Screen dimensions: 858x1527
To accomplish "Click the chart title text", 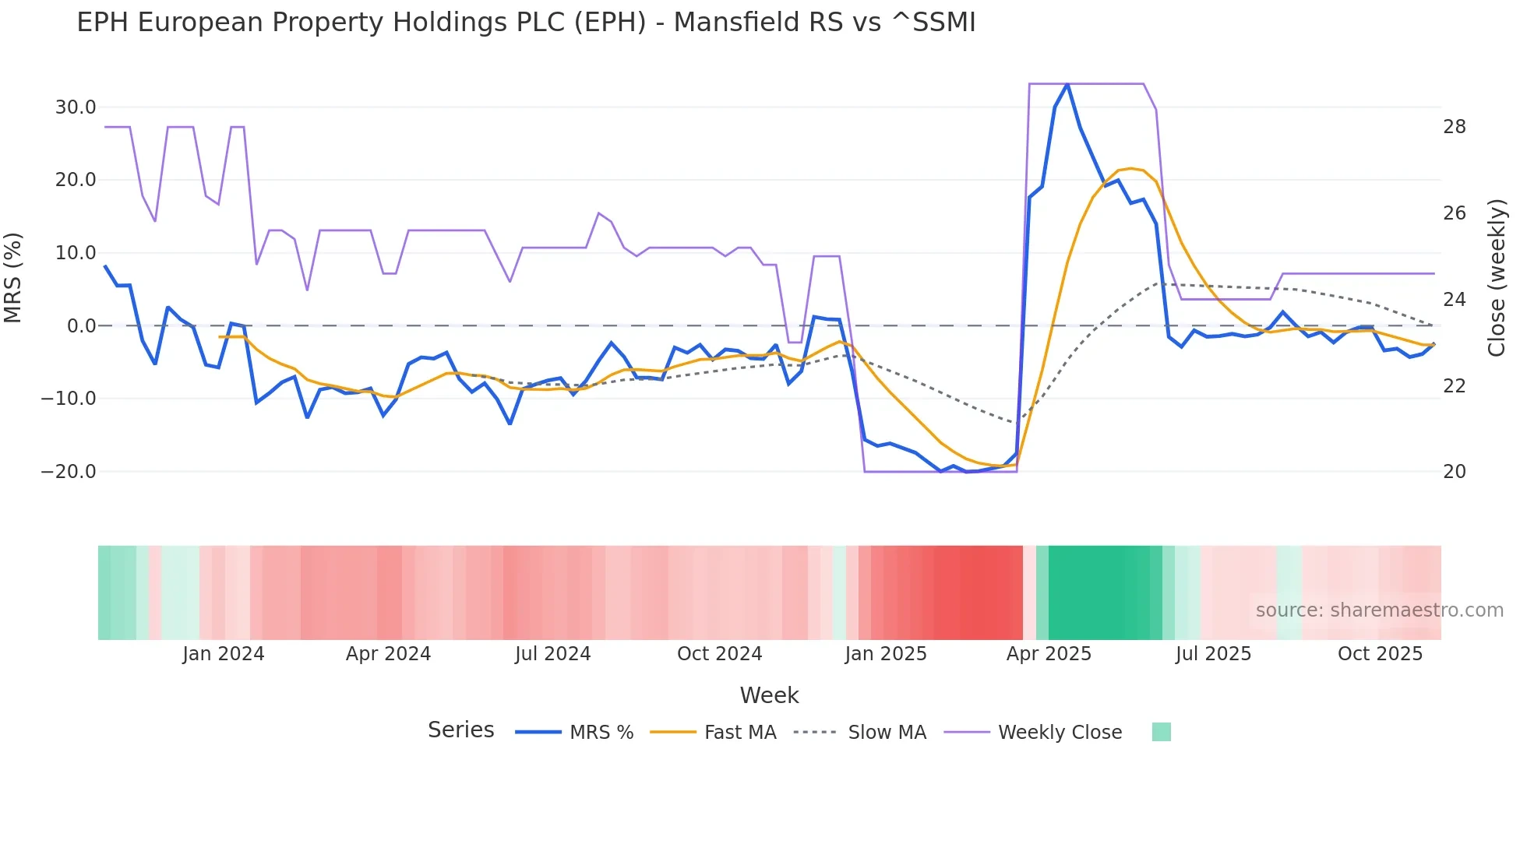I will (526, 23).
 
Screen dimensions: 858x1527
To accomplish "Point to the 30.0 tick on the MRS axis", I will (76, 107).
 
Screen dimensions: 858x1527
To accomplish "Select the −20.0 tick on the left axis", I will (69, 471).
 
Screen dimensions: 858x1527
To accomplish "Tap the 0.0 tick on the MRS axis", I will (81, 325).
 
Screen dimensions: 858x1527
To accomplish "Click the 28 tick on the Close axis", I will (1454, 127).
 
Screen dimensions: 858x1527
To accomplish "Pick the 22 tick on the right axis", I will (1454, 385).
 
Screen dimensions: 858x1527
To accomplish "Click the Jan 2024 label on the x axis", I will (224, 654).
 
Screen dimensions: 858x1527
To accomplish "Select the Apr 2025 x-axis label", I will (1049, 654).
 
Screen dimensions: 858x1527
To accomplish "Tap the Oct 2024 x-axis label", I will (719, 654).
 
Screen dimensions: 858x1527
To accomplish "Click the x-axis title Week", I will (769, 695).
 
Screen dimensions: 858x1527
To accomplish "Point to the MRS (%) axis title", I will (13, 278).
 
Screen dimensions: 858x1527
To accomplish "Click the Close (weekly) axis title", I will (1496, 278).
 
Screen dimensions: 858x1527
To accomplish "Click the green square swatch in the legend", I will (1161, 732).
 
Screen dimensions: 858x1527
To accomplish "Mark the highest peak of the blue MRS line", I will (1067, 84).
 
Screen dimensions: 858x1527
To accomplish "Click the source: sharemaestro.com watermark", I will (1379, 610).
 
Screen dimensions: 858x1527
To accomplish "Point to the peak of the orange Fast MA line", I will (1130, 168).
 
